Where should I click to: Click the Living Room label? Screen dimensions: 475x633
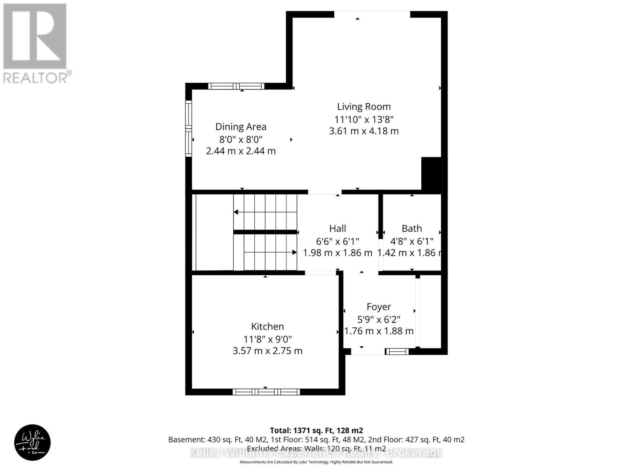[x=364, y=106]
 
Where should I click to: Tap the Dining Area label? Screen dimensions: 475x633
[x=241, y=127]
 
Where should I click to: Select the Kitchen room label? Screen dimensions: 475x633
[x=267, y=327]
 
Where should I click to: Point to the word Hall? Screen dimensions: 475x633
[x=337, y=228]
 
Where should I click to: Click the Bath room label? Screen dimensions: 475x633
[x=411, y=228]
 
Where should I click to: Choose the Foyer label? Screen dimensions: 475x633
[x=379, y=307]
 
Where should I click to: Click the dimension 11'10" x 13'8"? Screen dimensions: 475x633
[x=364, y=119]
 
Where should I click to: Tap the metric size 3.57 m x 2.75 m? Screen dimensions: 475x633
[x=267, y=351]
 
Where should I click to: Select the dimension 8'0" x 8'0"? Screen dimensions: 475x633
[x=241, y=139]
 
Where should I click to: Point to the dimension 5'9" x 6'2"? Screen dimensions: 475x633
[x=379, y=319]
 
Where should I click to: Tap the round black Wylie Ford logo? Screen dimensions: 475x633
[x=32, y=443]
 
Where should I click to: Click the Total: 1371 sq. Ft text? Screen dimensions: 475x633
[x=316, y=430]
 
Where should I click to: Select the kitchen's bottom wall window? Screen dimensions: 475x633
[x=266, y=392]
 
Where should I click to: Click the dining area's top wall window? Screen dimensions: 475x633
[x=236, y=86]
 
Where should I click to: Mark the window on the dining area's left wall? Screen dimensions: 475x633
[x=189, y=128]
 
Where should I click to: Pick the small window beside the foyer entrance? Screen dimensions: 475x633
[x=397, y=351]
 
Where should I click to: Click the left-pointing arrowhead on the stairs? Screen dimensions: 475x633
[x=236, y=212]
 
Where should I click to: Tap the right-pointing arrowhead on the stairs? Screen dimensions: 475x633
[x=294, y=252]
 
